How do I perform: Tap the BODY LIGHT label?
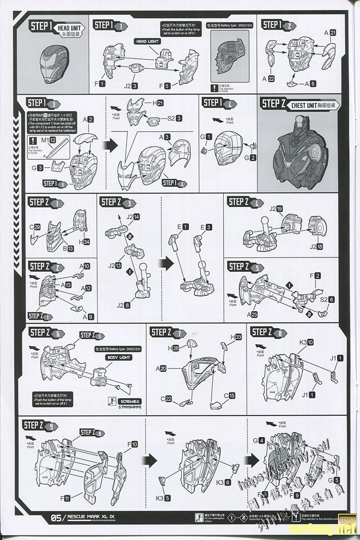coord(119,357)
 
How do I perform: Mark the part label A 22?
coord(268,78)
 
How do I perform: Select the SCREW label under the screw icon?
coord(131,401)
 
